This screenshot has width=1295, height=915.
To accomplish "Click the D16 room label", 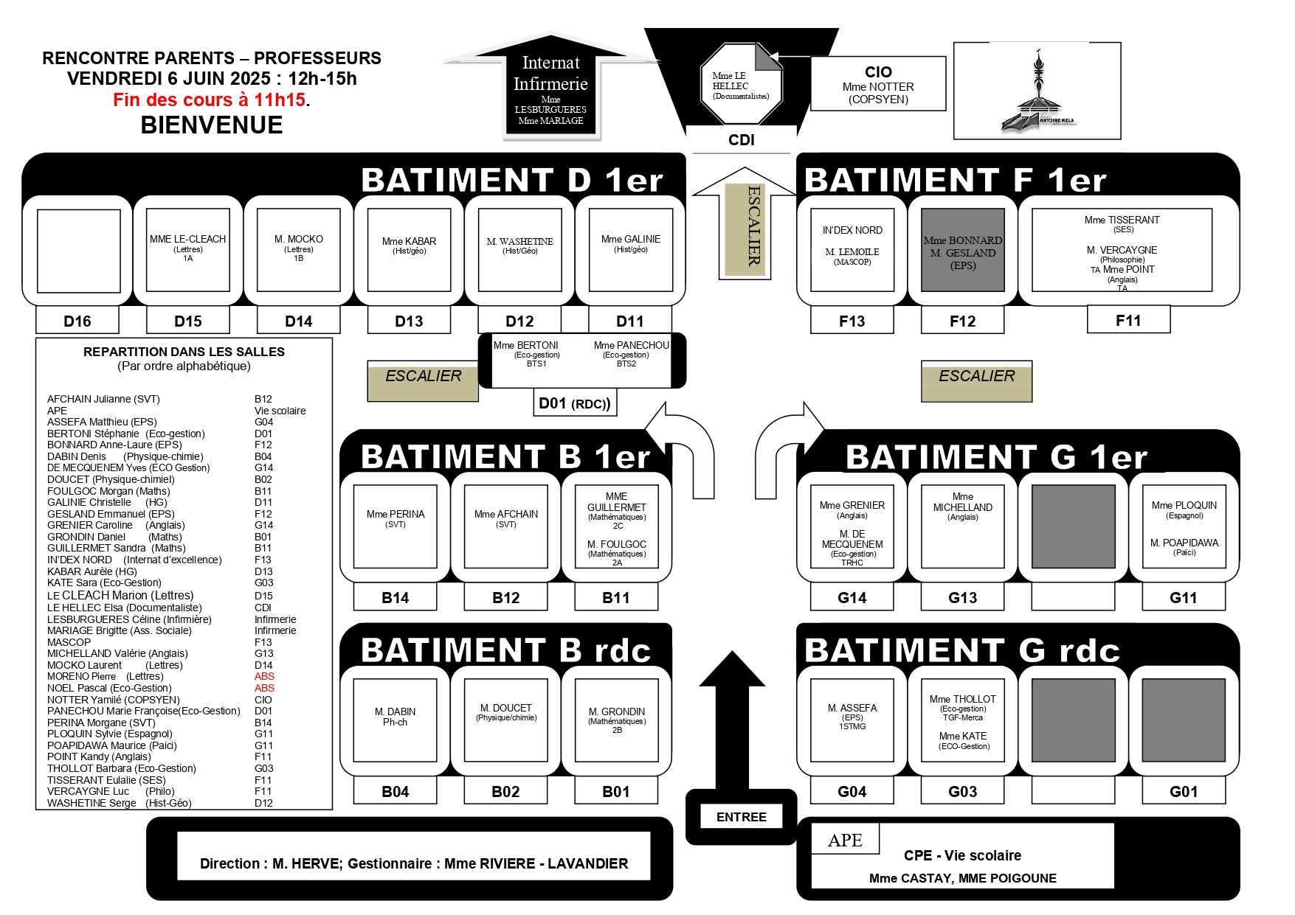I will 77,321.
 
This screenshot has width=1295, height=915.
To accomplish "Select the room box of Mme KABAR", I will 409,250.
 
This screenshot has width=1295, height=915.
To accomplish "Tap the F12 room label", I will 962,321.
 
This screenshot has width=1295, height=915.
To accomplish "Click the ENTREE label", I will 741,817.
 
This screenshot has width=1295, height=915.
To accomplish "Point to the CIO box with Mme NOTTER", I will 878,84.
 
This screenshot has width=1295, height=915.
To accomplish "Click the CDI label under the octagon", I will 741,140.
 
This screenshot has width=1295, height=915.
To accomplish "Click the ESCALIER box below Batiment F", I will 976,380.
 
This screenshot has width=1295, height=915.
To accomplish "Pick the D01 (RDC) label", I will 575,403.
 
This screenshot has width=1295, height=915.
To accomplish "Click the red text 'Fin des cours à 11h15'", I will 210,100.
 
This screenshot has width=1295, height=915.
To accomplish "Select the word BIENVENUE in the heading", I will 212,125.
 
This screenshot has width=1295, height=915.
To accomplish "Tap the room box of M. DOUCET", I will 505,720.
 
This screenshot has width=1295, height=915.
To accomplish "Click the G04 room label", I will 852,791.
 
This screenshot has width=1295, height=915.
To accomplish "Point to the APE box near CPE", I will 845,840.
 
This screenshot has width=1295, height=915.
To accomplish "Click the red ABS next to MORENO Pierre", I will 264,676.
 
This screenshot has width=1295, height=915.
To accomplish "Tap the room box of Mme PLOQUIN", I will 1184,526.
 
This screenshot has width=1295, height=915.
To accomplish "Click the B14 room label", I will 395,597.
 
